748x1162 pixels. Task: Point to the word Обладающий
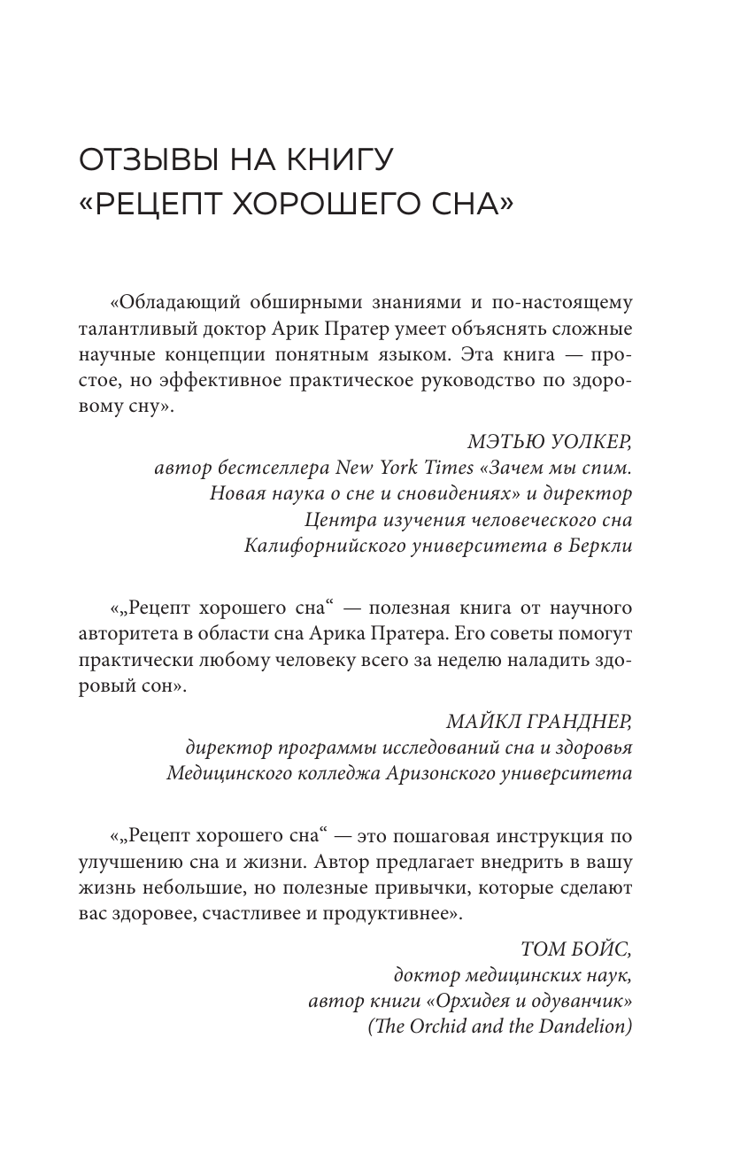tap(177, 303)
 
